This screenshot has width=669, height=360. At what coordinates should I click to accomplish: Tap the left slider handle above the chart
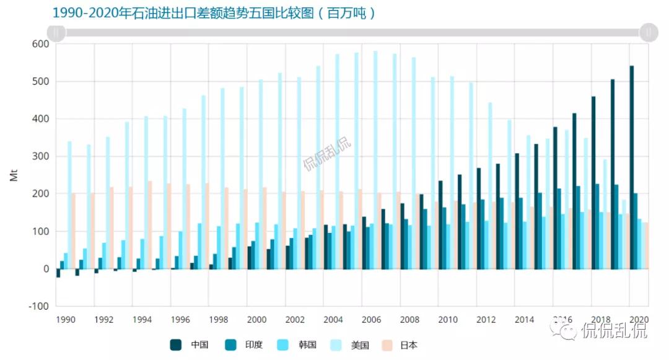[56, 32]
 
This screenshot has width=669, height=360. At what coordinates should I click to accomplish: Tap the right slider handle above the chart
[649, 32]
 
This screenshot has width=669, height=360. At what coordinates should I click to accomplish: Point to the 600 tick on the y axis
[41, 44]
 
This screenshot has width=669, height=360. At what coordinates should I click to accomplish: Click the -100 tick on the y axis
[39, 306]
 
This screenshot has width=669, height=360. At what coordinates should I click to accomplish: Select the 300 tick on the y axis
[41, 156]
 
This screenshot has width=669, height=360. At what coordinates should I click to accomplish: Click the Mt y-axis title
[14, 175]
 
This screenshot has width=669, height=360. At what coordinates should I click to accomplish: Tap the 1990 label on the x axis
[66, 320]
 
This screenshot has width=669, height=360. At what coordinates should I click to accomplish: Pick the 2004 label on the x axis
[333, 320]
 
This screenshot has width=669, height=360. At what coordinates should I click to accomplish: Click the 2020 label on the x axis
[639, 320]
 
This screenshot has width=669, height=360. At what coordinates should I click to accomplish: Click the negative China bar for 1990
[58, 273]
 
